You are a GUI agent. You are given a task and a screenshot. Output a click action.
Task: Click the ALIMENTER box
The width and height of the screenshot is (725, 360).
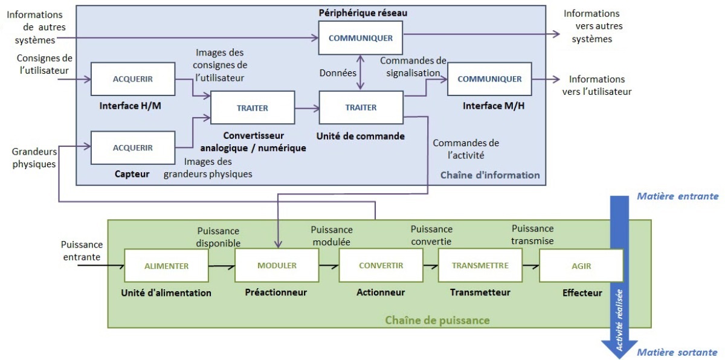(x=166, y=266)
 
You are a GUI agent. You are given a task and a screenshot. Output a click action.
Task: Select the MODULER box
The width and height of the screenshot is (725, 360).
(x=277, y=265)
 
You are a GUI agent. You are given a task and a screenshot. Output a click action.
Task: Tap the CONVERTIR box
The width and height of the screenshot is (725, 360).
(x=381, y=265)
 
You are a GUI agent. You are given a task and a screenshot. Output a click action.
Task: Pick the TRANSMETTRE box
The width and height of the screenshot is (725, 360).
(x=480, y=265)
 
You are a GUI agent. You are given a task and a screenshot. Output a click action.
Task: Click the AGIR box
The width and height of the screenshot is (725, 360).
(x=581, y=266)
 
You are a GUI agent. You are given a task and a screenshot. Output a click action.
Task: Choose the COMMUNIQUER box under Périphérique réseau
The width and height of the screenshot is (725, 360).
(x=361, y=38)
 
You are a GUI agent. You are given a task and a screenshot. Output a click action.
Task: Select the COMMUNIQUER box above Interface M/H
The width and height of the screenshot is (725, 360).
(x=489, y=79)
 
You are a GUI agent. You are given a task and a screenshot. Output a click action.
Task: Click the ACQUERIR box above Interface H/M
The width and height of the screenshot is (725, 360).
(x=133, y=79)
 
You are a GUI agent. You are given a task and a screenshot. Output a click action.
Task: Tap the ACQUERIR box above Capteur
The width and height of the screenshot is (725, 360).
(x=133, y=148)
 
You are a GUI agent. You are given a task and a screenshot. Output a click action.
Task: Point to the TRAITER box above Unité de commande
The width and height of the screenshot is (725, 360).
(x=361, y=108)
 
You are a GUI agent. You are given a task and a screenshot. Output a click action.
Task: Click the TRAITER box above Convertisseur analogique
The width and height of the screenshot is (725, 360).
(x=253, y=108)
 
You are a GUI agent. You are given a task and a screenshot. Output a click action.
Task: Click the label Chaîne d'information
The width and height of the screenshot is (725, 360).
(x=490, y=175)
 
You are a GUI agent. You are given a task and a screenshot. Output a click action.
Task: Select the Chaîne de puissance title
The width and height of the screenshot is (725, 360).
(x=437, y=320)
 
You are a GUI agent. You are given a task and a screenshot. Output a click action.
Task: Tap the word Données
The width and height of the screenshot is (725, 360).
(x=338, y=72)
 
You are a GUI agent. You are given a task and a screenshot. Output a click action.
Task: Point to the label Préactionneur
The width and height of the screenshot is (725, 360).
(x=275, y=292)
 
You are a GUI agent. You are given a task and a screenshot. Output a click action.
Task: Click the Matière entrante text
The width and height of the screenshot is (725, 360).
(x=678, y=196)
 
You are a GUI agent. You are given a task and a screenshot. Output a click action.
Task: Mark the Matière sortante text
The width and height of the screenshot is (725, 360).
(x=677, y=352)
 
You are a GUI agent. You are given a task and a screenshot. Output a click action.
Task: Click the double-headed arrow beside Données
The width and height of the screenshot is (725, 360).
(x=360, y=72)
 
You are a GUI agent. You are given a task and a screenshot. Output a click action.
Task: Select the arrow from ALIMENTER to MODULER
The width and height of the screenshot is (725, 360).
(x=222, y=266)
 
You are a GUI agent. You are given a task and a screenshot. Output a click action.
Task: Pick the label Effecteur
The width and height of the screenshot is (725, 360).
(x=582, y=293)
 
